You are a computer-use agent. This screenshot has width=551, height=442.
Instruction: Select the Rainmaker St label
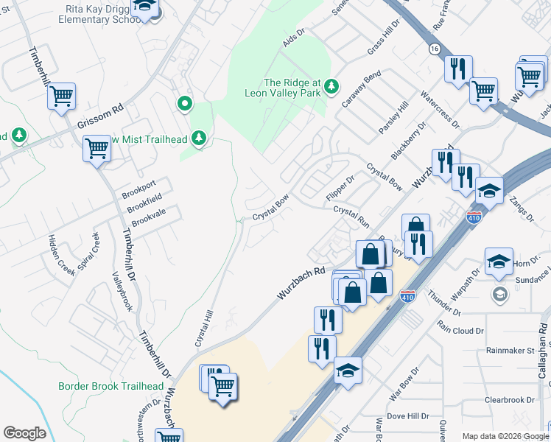[510, 351]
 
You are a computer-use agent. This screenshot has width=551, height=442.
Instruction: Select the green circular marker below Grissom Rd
[184, 104]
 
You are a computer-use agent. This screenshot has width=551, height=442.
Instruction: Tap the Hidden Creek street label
[61, 255]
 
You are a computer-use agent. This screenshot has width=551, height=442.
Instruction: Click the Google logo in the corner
[24, 432]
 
